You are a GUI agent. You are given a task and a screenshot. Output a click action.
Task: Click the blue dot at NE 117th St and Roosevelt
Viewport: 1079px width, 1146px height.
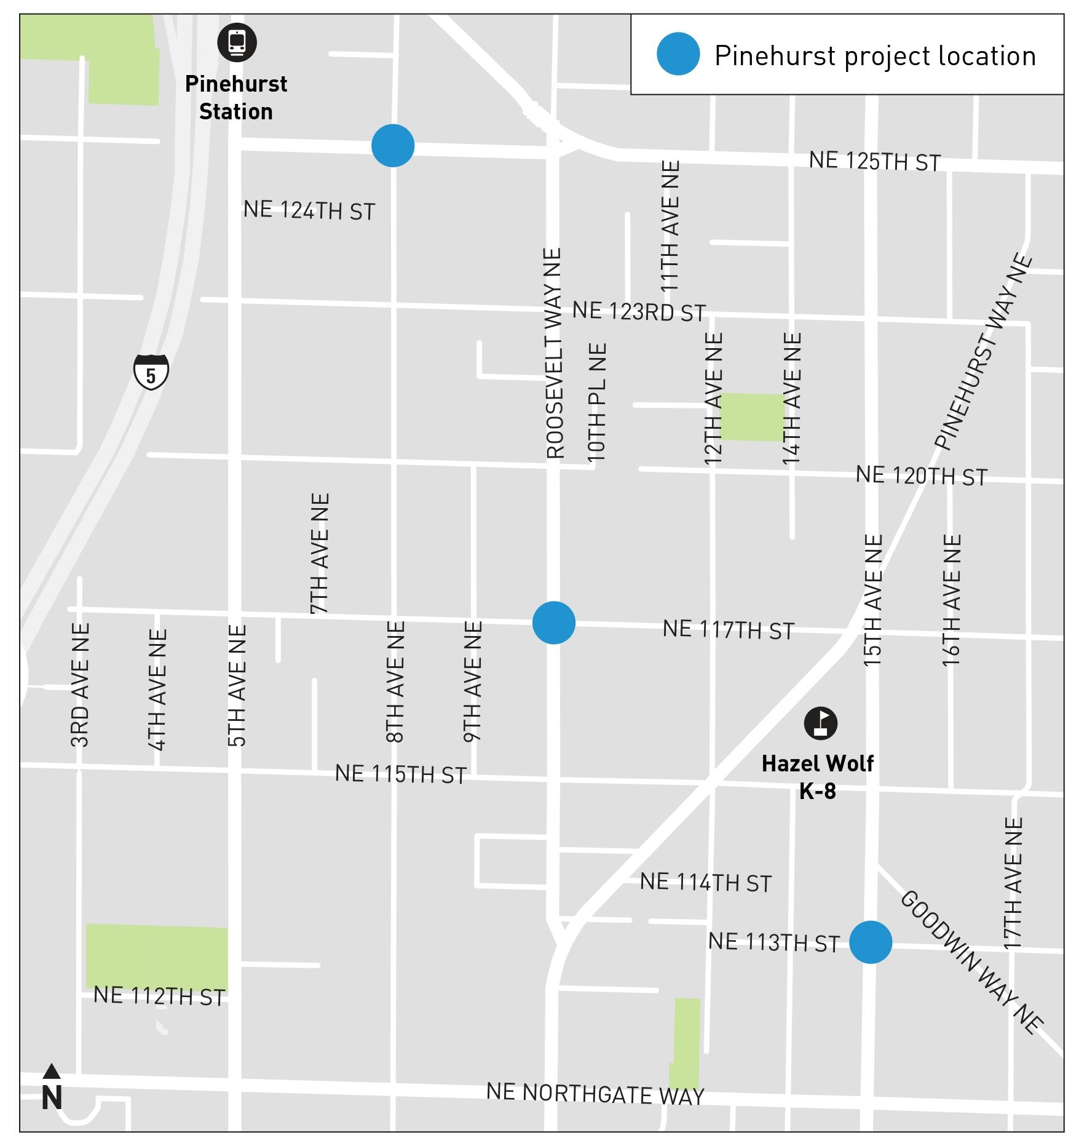[553, 623]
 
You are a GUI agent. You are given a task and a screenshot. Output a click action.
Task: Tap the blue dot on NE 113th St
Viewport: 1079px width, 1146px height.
[870, 942]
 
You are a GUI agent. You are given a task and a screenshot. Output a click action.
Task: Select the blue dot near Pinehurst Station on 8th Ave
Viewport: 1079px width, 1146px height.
[392, 146]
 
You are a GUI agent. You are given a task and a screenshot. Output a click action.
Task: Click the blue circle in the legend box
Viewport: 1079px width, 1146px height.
[678, 54]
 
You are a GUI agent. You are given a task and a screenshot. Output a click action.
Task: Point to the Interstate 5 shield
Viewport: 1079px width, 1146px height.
[151, 372]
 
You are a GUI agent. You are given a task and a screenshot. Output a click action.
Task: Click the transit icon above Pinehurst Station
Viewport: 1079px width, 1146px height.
[237, 42]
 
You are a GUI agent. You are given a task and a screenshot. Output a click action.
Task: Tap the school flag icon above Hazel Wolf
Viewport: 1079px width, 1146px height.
[820, 723]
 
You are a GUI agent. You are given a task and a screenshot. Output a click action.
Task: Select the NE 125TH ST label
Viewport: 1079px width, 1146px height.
[874, 161]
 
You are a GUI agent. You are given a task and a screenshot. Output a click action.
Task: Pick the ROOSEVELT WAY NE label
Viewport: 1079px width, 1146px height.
[554, 354]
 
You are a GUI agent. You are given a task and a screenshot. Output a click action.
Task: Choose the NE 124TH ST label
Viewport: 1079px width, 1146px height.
[309, 210]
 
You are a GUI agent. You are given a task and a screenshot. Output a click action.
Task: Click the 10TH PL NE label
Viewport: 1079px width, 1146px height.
[597, 403]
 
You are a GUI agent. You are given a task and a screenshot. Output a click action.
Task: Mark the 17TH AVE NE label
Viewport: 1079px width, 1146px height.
[1012, 883]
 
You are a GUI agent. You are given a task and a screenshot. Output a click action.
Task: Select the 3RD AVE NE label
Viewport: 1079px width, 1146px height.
[81, 685]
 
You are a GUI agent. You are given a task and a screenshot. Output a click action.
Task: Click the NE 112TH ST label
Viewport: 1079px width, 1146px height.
[159, 996]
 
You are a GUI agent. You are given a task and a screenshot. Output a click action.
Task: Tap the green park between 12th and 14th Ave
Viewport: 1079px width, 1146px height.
[751, 416]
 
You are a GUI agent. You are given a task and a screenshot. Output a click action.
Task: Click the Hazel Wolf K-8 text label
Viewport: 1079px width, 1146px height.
[817, 776]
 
